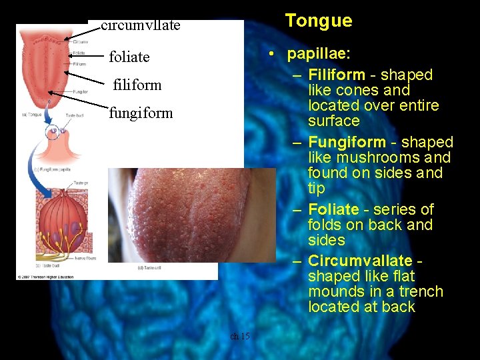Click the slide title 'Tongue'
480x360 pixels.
tap(319, 21)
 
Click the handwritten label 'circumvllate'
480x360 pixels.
tap(141, 26)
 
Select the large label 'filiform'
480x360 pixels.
tap(137, 85)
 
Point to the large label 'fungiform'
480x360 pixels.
tap(141, 113)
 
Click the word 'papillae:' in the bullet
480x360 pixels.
tap(317, 54)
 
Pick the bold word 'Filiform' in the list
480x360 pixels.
tap(337, 75)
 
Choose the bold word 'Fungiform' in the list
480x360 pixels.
tap(347, 142)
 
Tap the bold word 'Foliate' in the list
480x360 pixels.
tap(333, 209)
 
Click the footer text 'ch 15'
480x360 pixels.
tap(240, 336)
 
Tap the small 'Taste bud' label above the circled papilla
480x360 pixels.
tap(75, 115)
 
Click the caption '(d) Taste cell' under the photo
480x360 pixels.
tap(151, 267)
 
